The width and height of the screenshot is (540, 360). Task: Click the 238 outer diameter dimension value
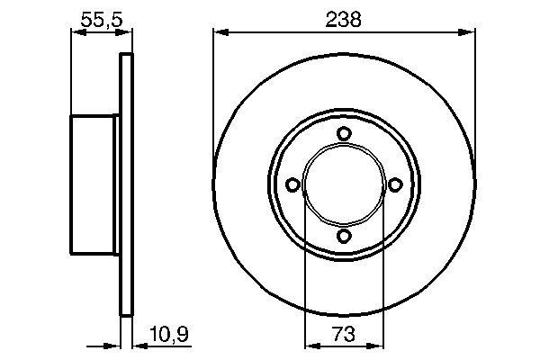click(x=343, y=19)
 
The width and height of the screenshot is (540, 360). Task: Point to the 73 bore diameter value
click(x=343, y=335)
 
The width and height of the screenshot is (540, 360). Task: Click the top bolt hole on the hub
click(x=343, y=134)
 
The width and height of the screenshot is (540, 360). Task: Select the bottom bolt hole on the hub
click(x=343, y=236)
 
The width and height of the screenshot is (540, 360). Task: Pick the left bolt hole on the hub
click(x=292, y=184)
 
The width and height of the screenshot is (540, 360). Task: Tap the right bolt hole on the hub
click(x=394, y=184)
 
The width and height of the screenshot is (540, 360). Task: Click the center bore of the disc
click(x=343, y=184)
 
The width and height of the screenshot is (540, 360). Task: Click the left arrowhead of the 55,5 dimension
click(x=76, y=33)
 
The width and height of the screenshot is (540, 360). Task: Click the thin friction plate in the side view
click(x=126, y=184)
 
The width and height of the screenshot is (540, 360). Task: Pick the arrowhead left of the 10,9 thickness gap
click(x=114, y=346)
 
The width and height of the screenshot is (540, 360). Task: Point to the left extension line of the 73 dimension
click(x=305, y=270)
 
